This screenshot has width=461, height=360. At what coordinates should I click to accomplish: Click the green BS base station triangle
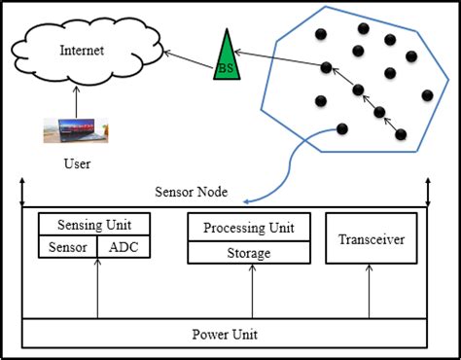227,57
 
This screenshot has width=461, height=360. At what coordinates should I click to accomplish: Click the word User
75,164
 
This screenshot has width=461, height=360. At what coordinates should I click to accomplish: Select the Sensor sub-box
67,247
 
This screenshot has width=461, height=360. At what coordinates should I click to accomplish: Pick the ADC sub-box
124,247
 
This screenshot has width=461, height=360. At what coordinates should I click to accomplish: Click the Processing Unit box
249,229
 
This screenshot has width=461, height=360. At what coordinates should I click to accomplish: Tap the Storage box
249,253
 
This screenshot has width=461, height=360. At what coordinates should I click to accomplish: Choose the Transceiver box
371,239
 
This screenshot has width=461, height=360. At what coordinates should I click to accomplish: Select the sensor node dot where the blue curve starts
340,129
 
